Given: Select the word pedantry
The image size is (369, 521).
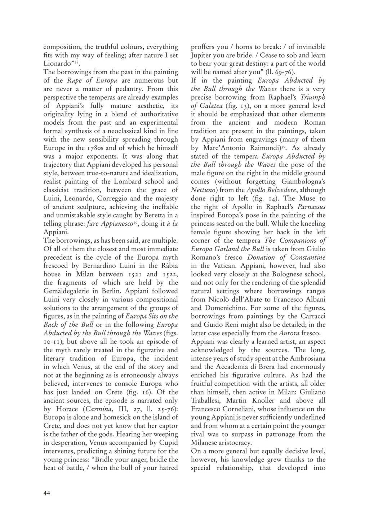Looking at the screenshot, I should [x=109, y=89].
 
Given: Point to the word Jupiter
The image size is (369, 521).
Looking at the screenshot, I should [x=203, y=55].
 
